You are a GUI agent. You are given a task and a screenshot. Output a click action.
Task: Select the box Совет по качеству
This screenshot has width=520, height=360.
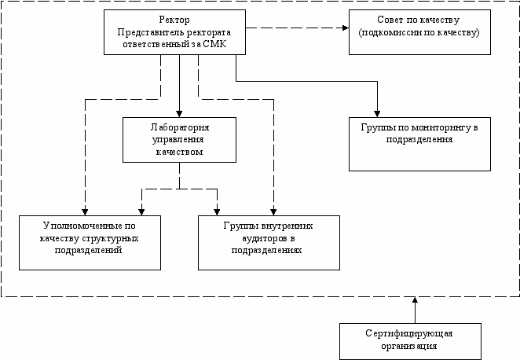416,32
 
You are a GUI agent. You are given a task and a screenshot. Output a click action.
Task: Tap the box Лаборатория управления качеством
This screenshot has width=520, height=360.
179,139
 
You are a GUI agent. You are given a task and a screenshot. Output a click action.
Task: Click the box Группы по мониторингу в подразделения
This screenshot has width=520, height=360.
419,144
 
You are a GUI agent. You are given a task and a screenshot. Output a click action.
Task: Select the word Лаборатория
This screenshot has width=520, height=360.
179,127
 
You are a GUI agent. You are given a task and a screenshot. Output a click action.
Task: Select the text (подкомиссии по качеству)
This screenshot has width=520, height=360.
416,35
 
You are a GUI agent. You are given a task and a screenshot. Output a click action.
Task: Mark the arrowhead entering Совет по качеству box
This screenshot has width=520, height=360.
344,28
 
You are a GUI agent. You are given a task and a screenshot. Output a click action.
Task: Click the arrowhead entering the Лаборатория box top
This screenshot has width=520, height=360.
179,113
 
